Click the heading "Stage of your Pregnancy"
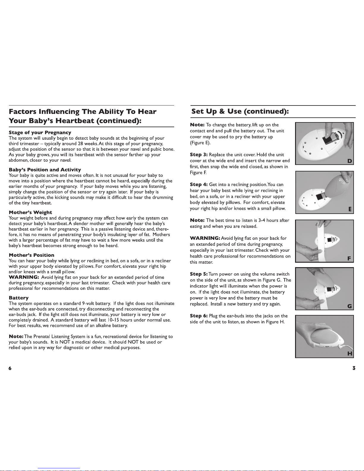coord(40,133)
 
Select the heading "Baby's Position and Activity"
coord(45,170)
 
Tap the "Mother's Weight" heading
coord(30,212)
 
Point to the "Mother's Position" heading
coord(31,255)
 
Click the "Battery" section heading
coord(19,298)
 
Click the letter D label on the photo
coord(350,161)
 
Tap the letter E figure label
coord(350,209)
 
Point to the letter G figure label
coord(350,306)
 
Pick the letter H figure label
coord(350,354)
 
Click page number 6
coord(10,368)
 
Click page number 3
coord(354,368)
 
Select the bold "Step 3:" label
coord(199,155)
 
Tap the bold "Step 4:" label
coord(199,185)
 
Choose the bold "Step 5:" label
coord(199,274)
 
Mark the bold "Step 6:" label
coord(199,316)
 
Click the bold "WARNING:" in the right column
coord(205,238)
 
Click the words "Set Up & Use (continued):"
coord(240,111)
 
